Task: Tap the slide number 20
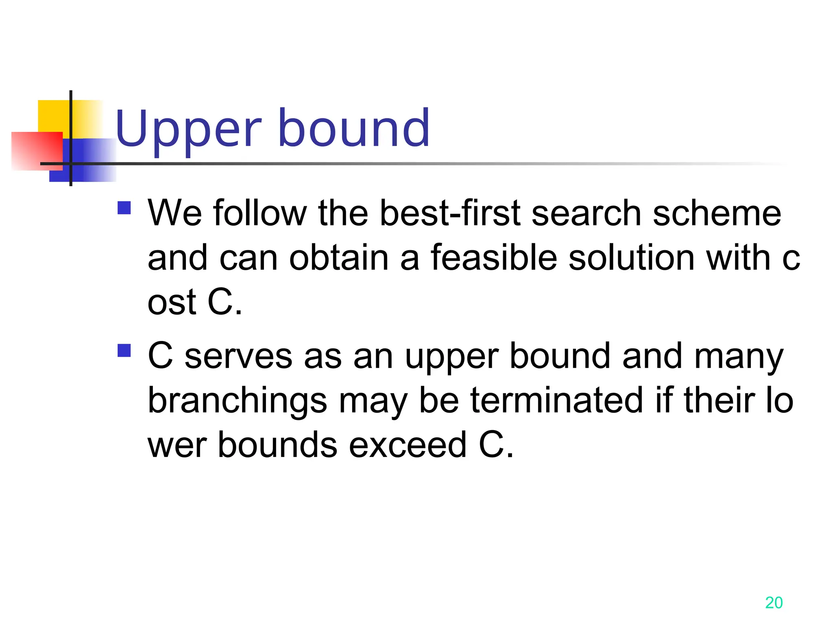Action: coord(774,603)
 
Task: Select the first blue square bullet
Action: coord(124,208)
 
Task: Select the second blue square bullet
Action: coord(124,350)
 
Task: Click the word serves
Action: coord(238,356)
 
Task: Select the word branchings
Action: coord(237,401)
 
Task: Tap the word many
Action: coord(739,356)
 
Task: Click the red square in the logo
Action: coord(37,151)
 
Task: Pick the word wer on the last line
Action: coord(177,446)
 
